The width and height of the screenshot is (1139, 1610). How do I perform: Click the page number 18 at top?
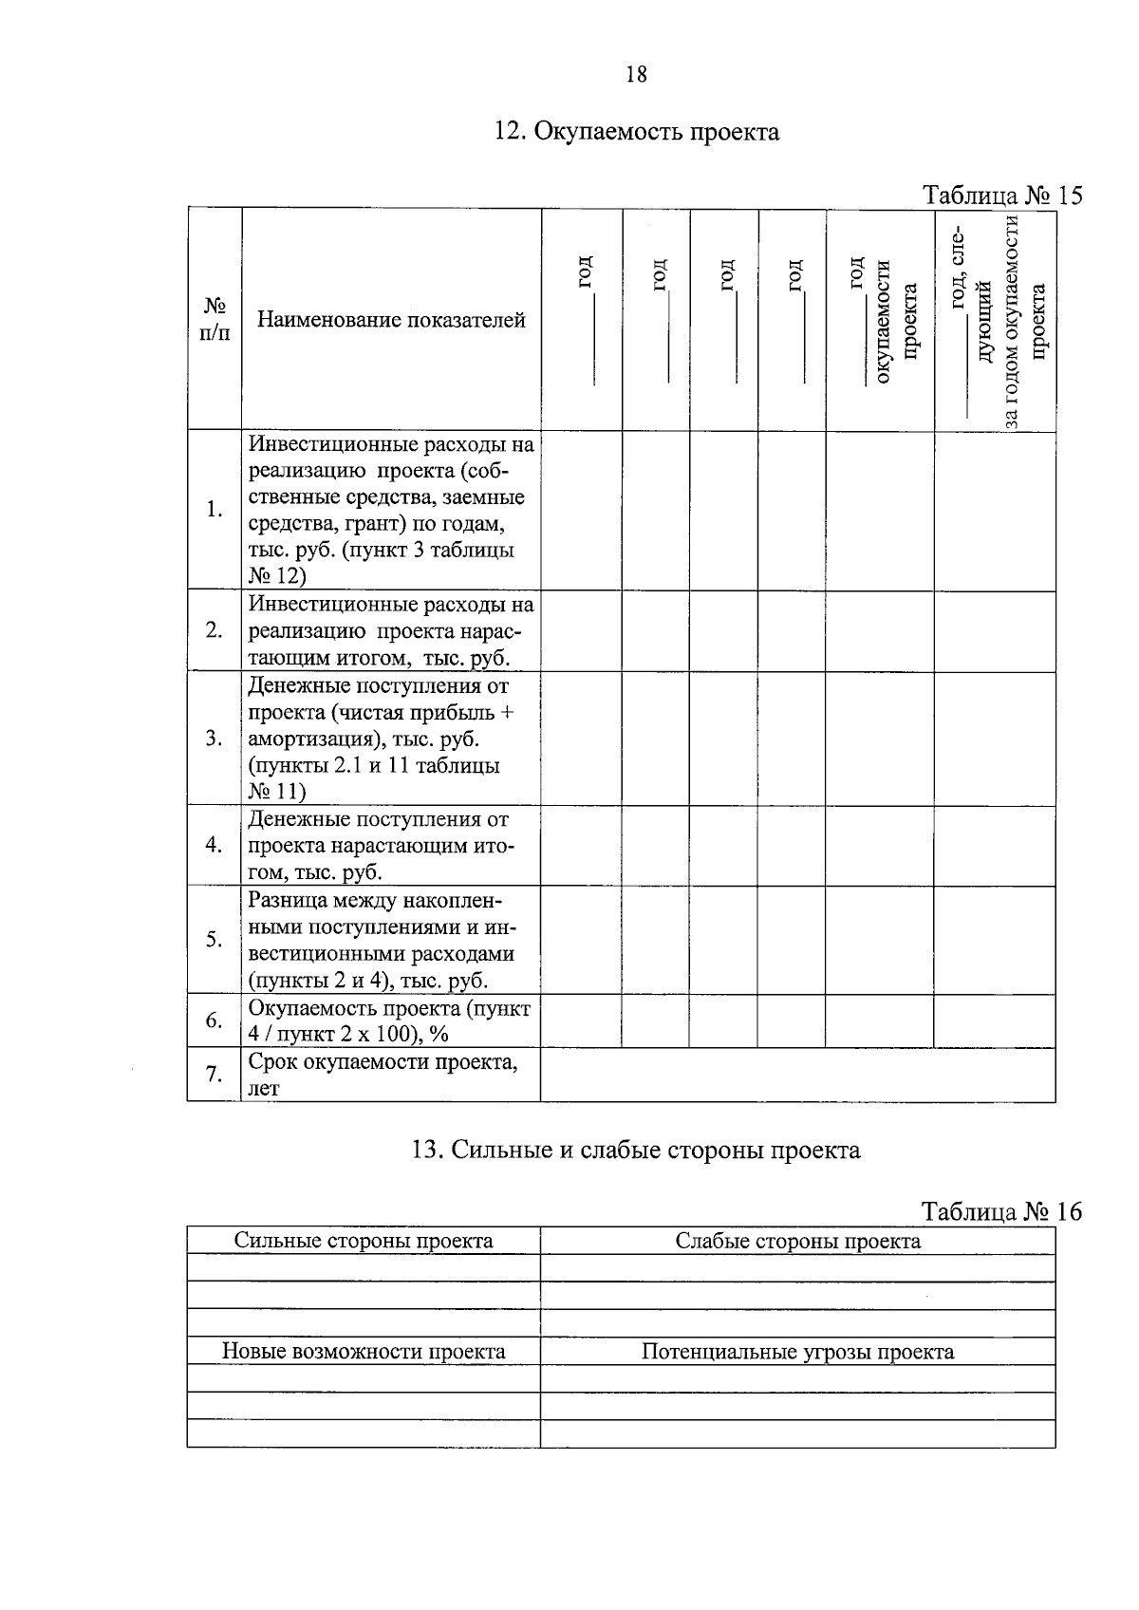(x=637, y=74)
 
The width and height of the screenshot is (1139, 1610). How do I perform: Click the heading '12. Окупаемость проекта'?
(x=637, y=131)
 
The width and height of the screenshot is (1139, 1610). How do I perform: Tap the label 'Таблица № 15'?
(x=1002, y=196)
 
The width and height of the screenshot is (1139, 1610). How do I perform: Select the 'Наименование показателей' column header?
(x=391, y=320)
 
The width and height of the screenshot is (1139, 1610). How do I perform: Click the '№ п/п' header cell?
(x=215, y=320)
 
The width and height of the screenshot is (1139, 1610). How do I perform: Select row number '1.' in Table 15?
(x=215, y=510)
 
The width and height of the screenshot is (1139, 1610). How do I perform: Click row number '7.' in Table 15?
(x=215, y=1075)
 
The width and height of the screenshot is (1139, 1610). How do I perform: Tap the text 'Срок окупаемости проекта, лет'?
(x=383, y=1075)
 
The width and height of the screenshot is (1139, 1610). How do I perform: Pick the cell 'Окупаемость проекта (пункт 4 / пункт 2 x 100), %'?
(x=389, y=1020)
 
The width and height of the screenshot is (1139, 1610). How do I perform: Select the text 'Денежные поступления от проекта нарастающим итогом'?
(x=380, y=845)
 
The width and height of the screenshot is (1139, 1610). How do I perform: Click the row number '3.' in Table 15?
(x=215, y=739)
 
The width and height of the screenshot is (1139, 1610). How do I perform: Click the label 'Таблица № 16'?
(x=1002, y=1212)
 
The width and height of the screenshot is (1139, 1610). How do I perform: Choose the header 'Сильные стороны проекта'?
(x=364, y=1241)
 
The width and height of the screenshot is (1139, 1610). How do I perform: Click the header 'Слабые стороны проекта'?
(x=797, y=1241)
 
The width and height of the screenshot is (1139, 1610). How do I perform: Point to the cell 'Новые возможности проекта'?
(x=364, y=1351)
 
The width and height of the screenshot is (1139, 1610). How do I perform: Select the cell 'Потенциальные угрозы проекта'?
(x=797, y=1351)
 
